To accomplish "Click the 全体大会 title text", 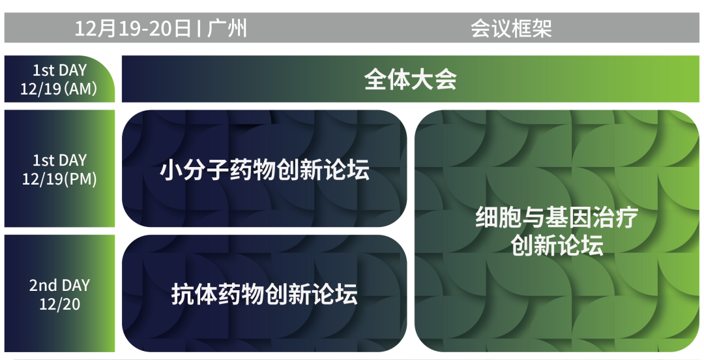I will (x=410, y=80).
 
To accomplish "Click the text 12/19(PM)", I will (x=59, y=179).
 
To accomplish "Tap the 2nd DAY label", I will (x=59, y=286).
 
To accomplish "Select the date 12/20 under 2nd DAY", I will (x=59, y=304).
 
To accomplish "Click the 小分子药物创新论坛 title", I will (x=265, y=170).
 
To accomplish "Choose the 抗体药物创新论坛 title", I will (x=265, y=294).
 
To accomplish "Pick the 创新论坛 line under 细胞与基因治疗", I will (x=557, y=247).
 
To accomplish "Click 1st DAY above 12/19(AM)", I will (x=59, y=70).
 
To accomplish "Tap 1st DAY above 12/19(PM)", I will (x=59, y=160).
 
